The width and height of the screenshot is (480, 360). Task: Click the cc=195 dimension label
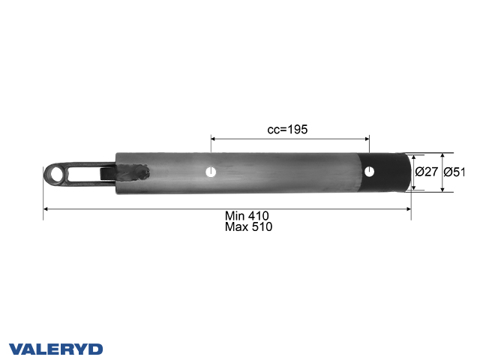[x=288, y=129]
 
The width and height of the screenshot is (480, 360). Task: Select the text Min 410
[x=248, y=216]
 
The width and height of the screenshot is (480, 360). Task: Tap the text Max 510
[x=248, y=226]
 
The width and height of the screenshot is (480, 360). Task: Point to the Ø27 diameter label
[x=427, y=172]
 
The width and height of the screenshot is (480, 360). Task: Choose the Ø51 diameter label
[x=455, y=172]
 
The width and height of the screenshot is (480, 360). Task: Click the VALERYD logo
[x=55, y=349]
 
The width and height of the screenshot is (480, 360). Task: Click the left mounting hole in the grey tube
[x=211, y=172]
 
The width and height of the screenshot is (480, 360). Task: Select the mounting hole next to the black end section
[x=369, y=172]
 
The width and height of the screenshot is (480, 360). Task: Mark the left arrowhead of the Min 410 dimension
[x=46, y=208]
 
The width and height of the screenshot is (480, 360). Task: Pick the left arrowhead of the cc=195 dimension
[x=214, y=138]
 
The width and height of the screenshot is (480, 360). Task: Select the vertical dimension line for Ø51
[x=442, y=172]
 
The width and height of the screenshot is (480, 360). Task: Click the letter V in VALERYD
[x=15, y=349]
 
